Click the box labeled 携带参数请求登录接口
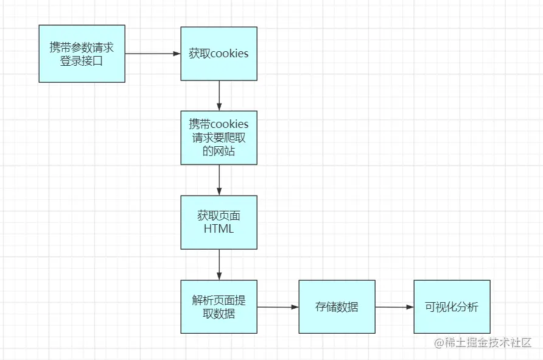[x=82, y=54]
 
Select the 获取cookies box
[x=219, y=54]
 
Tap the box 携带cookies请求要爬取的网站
[x=219, y=138]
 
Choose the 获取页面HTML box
[x=219, y=222]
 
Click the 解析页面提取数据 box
[x=219, y=306]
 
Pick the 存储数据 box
[x=337, y=306]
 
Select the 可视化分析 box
[x=452, y=306]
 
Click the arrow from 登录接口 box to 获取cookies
[x=153, y=54]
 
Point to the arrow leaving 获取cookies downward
[x=219, y=96]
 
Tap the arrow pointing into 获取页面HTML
[x=219, y=180]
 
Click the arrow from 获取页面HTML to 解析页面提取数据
[x=219, y=264]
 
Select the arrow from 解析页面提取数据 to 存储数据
[x=278, y=307]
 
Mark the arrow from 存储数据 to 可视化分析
[x=394, y=307]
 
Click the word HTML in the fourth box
[x=219, y=229]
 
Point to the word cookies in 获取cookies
[x=229, y=54]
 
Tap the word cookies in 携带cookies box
[x=229, y=124]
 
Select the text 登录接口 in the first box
[x=82, y=60]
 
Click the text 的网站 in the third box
[x=219, y=151]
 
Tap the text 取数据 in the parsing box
[x=219, y=314]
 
